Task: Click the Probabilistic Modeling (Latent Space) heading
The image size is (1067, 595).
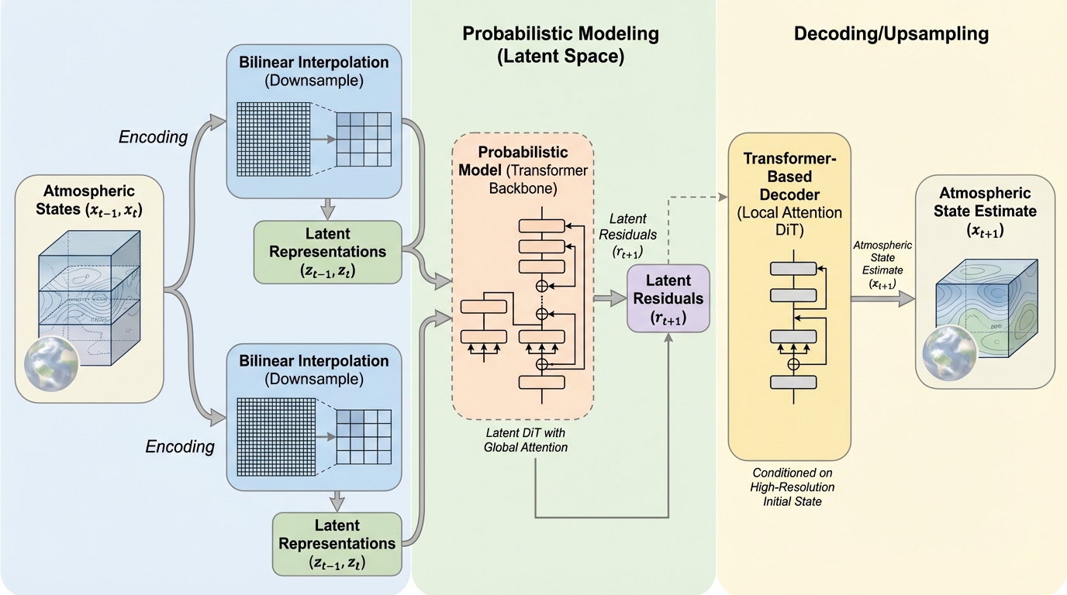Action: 560,44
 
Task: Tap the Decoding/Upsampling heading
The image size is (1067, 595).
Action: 891,33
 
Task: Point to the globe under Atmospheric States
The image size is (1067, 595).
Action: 51,363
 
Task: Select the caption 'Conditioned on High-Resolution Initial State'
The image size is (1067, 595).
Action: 793,487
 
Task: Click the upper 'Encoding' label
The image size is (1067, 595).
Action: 154,137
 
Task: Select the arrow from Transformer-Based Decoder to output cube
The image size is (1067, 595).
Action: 883,300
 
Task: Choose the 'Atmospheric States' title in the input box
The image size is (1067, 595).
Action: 88,200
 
